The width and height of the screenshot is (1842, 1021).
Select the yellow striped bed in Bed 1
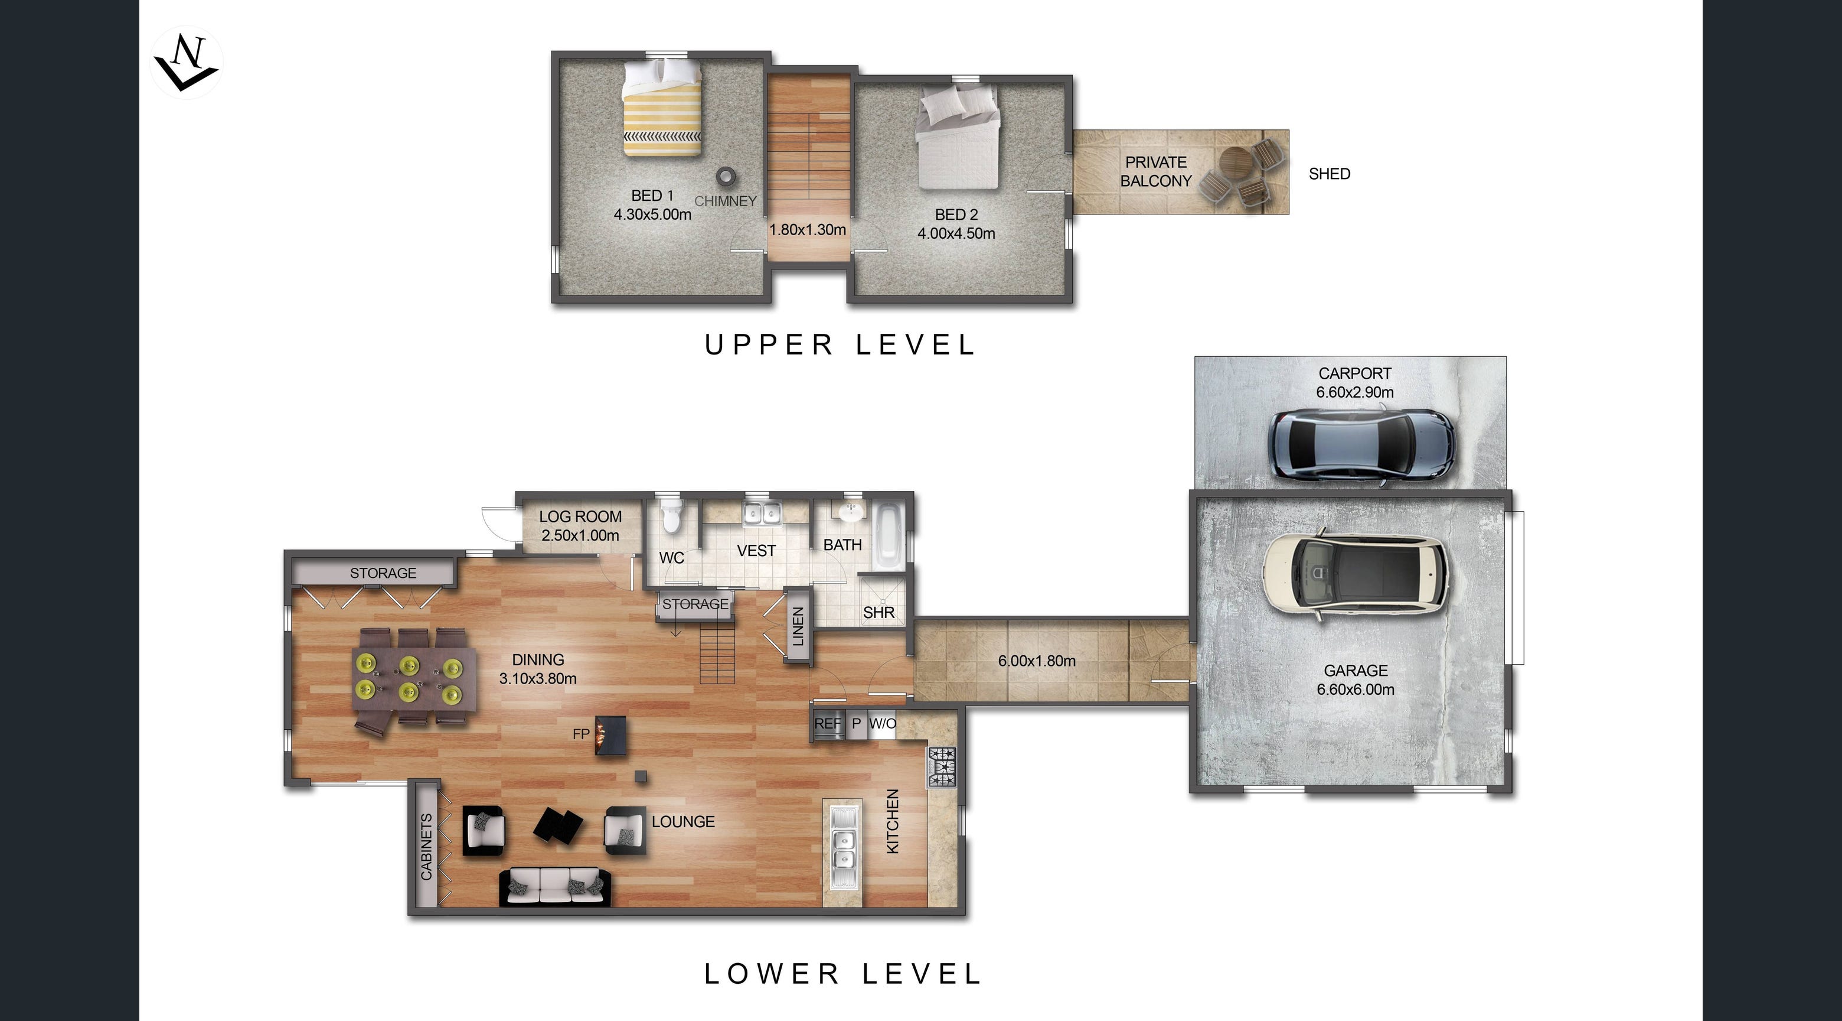661,108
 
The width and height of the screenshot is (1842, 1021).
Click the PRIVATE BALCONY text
1155,172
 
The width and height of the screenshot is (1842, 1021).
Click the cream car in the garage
1356,577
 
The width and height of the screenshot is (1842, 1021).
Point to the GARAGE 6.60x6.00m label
1356,679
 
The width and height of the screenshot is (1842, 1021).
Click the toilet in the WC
671,516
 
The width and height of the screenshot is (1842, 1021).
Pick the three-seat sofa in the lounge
555,887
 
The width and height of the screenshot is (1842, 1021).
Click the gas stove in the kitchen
942,767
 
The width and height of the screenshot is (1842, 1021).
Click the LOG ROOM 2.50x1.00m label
580,526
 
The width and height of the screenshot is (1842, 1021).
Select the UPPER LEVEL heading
840,345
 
